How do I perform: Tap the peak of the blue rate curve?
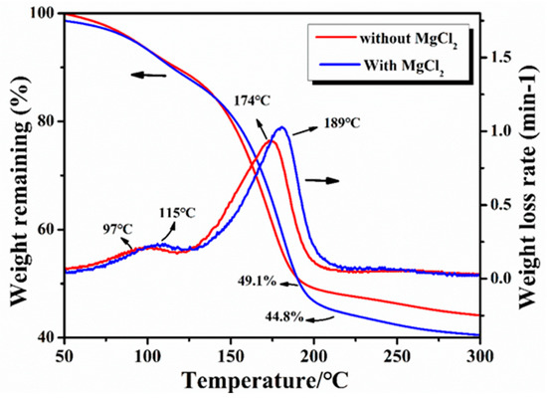[281, 127]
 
